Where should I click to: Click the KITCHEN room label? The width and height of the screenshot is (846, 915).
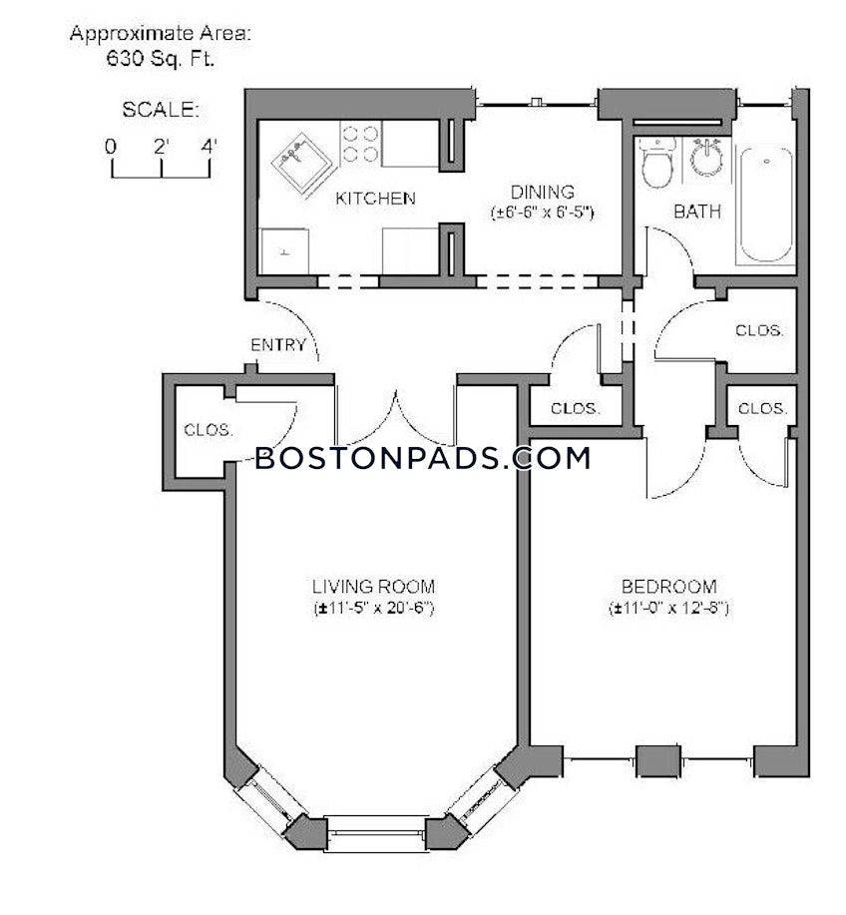click(374, 199)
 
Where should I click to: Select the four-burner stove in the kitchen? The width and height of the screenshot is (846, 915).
click(359, 143)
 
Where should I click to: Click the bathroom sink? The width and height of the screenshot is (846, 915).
click(707, 157)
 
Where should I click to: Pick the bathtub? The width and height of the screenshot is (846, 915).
click(765, 204)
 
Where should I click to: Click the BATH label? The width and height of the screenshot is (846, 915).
click(697, 213)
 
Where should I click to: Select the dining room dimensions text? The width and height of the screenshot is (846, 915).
click(542, 213)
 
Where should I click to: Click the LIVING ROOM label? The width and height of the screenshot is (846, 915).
click(373, 587)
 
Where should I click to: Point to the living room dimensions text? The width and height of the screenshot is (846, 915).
click(373, 608)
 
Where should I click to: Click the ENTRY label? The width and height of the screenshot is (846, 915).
click(277, 345)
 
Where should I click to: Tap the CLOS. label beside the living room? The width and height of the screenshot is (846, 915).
click(209, 430)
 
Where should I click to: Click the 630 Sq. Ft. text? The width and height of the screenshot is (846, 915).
click(161, 59)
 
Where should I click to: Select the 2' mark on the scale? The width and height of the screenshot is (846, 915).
click(161, 146)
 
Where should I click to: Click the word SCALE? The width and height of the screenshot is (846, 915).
click(161, 109)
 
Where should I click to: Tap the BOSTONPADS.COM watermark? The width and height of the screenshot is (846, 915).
click(422, 458)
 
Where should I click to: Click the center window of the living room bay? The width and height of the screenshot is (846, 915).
click(376, 827)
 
